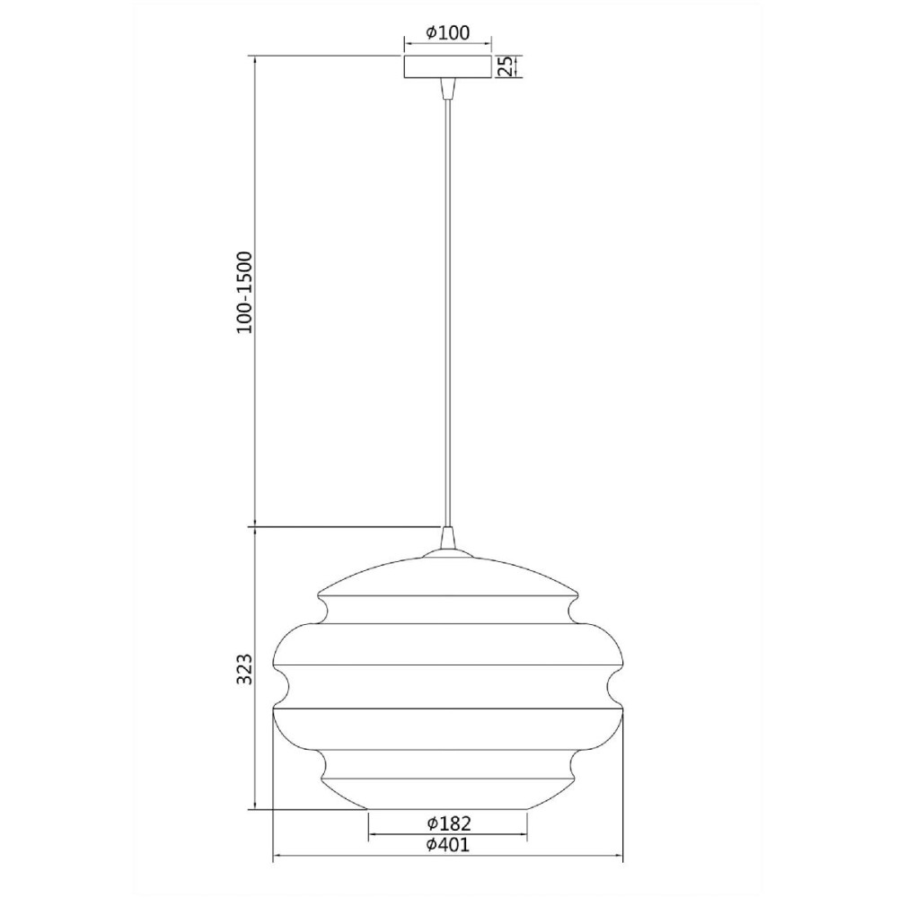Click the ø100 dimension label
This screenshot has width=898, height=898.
click(x=448, y=32)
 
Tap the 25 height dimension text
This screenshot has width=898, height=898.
click(x=505, y=66)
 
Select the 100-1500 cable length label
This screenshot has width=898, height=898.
click(x=244, y=292)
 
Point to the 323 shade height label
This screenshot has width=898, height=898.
click(x=244, y=668)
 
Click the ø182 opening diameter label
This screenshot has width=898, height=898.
click(x=449, y=823)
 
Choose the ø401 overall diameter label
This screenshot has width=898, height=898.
click(x=448, y=844)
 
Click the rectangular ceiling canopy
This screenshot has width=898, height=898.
click(x=447, y=66)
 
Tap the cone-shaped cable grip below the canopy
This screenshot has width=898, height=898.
click(x=447, y=88)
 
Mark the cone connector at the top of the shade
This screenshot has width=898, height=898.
click(x=447, y=537)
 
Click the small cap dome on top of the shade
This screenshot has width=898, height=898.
click(x=447, y=553)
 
